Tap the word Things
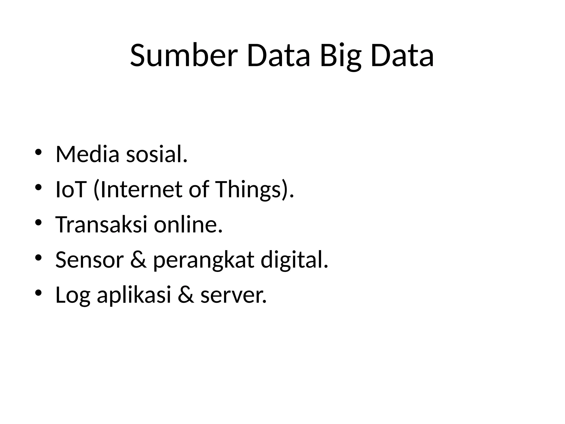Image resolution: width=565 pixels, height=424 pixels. point(248,190)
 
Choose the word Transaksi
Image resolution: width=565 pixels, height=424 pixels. point(101,225)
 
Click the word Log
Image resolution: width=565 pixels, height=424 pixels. point(73,296)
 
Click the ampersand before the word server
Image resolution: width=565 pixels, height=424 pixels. point(186,295)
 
